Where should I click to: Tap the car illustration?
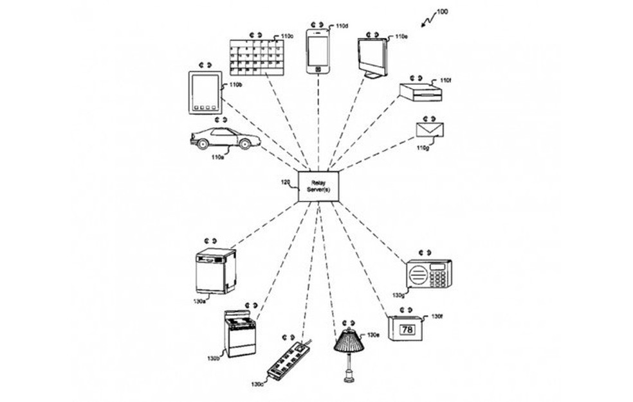(225, 138)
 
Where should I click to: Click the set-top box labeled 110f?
(420, 92)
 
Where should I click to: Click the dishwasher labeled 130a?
(215, 270)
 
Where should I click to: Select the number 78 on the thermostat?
(407, 329)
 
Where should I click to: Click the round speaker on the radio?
(418, 275)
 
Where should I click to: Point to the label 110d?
(342, 26)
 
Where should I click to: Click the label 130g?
(399, 295)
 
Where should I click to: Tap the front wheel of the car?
(245, 144)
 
